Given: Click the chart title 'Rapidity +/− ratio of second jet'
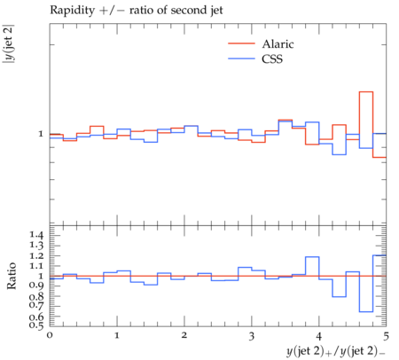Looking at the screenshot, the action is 137,11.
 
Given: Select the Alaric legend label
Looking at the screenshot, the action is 278,44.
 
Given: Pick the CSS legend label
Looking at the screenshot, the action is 272,59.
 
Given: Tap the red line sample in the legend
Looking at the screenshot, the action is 241,43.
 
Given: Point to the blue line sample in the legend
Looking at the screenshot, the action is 241,59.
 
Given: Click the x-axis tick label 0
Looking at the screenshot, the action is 50,335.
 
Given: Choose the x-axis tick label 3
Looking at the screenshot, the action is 252,336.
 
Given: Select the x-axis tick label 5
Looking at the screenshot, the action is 386,336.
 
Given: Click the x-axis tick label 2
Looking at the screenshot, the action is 184,335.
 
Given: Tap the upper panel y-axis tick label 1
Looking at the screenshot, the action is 41,134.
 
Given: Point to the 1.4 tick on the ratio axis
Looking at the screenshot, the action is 36,235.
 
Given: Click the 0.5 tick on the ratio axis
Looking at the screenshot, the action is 36,325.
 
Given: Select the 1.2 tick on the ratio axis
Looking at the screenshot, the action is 36,255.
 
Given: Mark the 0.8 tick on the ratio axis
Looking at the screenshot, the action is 36,296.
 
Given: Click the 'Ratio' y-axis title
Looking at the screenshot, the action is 12,276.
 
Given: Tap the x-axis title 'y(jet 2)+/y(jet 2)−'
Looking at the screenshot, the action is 336,351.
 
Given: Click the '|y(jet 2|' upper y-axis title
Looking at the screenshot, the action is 8,44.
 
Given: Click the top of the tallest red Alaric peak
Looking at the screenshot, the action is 366,92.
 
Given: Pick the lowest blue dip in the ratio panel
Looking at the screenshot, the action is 366,311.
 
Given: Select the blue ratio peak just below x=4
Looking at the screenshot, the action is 312,257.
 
